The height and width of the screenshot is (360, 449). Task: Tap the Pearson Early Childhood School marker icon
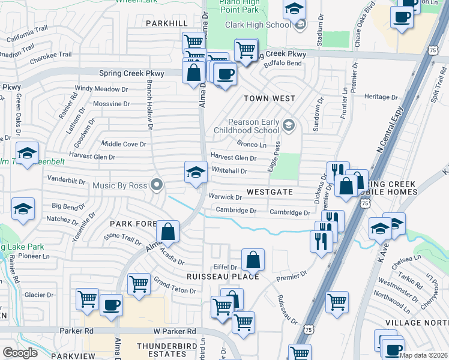coord(289,125)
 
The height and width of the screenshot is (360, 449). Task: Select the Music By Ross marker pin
coord(157,185)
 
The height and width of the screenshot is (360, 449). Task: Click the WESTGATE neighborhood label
coord(270,192)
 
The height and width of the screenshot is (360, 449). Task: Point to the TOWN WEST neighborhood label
coord(269,98)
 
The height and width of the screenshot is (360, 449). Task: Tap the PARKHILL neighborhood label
coord(167,23)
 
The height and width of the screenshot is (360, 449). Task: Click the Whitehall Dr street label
coord(229,171)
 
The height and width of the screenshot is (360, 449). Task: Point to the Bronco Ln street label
coord(252,145)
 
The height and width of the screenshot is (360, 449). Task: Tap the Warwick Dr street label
coord(225,197)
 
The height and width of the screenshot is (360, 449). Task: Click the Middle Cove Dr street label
coord(124,144)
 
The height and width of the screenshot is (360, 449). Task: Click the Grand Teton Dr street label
coord(175,285)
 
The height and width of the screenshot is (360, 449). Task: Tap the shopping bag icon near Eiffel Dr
coord(253,260)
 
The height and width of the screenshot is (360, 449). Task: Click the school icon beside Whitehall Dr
coord(196,173)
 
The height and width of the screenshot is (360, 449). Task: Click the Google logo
coord(20,353)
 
